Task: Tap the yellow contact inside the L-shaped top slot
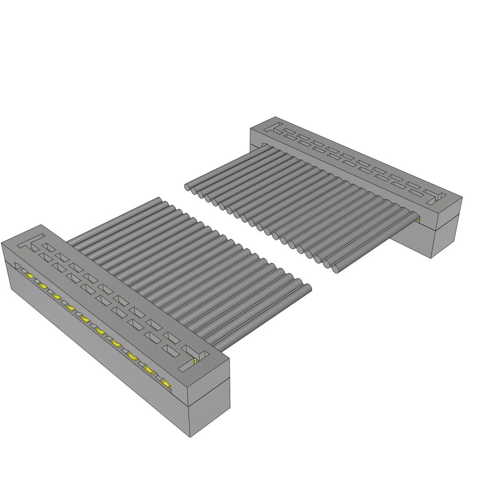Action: pos(195,362)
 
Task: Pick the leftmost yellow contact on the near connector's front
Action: pos(30,276)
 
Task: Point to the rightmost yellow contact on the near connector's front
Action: pos(166,381)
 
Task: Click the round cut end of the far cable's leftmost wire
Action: pos(188,187)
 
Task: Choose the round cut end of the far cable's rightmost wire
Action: pos(335,270)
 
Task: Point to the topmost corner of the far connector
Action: pos(276,117)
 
